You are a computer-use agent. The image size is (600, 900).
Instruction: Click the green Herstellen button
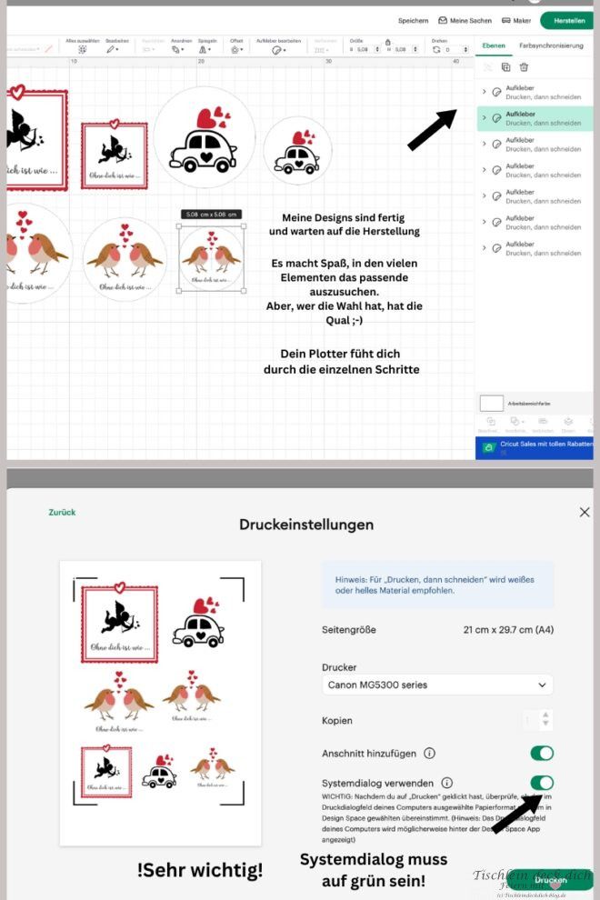(568, 20)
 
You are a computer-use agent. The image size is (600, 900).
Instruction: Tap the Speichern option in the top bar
(413, 20)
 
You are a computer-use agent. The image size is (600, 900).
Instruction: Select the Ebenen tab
(494, 45)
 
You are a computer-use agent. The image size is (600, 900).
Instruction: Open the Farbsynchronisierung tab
(551, 45)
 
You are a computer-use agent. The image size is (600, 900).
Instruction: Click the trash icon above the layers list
(524, 67)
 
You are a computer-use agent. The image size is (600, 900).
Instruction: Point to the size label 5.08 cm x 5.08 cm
(211, 215)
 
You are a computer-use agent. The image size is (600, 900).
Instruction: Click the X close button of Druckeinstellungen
(585, 513)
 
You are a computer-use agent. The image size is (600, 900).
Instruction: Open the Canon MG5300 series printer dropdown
(437, 685)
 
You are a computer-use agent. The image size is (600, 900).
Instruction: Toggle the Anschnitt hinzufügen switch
(542, 753)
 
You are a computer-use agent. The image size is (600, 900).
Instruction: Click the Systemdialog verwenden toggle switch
(542, 782)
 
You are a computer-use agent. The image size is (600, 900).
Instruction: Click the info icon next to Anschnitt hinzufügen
(429, 753)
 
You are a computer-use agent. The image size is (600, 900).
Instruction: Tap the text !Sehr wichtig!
(200, 870)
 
